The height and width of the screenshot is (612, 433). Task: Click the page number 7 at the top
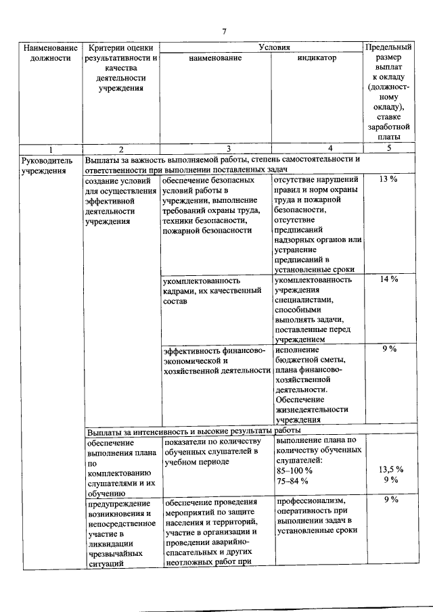pyautogui.click(x=224, y=30)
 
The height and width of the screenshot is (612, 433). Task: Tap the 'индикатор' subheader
pyautogui.click(x=316, y=59)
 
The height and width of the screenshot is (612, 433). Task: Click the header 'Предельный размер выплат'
pyautogui.click(x=388, y=92)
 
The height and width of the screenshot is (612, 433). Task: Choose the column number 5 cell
pyautogui.click(x=388, y=148)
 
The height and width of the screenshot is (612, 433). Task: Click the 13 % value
pyautogui.click(x=388, y=179)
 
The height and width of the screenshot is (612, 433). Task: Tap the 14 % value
pyautogui.click(x=388, y=279)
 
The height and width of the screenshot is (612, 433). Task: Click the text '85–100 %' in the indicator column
pyautogui.click(x=294, y=469)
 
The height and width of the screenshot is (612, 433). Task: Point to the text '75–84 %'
pyautogui.click(x=292, y=480)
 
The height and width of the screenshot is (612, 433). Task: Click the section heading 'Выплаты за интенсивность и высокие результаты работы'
pyautogui.click(x=193, y=430)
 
